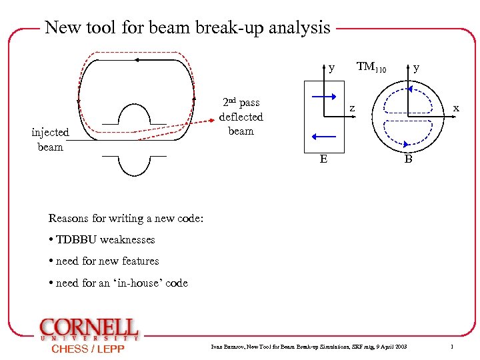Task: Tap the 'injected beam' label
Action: tap(50, 139)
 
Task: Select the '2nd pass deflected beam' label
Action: tap(241, 117)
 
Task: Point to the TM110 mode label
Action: tap(371, 67)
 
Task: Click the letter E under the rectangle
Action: tap(323, 159)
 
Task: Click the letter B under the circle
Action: tap(408, 160)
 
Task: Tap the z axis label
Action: tap(353, 109)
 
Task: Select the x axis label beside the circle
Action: tap(456, 108)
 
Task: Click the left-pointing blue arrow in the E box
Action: tap(325, 137)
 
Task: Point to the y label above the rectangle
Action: tap(332, 67)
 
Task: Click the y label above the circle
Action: tap(416, 67)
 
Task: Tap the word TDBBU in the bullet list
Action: tap(77, 239)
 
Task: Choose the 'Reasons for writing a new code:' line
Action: tap(125, 218)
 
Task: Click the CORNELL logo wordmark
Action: tap(89, 328)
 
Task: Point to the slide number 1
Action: tap(452, 347)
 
